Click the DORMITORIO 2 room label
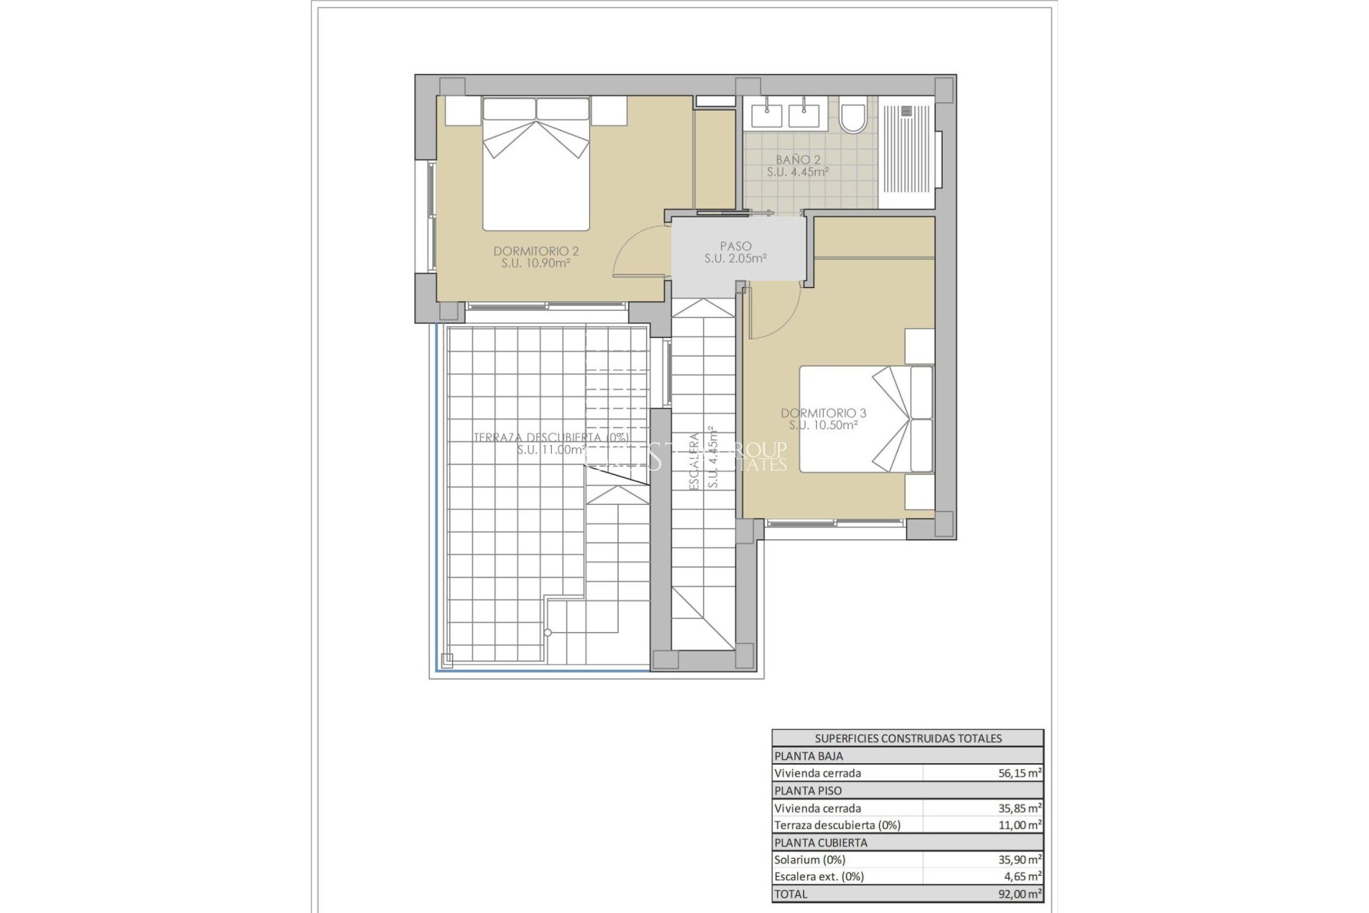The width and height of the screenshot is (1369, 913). pos(535,251)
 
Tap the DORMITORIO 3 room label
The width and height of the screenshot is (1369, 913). pos(823,413)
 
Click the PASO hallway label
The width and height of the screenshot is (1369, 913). pos(735,246)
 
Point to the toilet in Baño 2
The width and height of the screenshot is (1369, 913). pos(852,118)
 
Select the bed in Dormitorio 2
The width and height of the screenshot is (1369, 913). pos(536,165)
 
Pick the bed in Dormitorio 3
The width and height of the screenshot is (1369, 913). pos(866,419)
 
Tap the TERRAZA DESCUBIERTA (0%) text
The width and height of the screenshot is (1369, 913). pos(550,437)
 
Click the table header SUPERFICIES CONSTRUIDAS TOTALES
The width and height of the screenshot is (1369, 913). pos(908,738)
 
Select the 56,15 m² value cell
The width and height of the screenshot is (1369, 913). pos(1020,772)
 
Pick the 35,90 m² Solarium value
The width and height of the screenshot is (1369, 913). pos(1020,860)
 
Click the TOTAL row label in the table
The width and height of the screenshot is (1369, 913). pos(791,894)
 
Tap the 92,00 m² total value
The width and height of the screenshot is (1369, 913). pos(1020,894)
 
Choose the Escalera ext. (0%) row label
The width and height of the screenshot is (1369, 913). pos(819,877)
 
